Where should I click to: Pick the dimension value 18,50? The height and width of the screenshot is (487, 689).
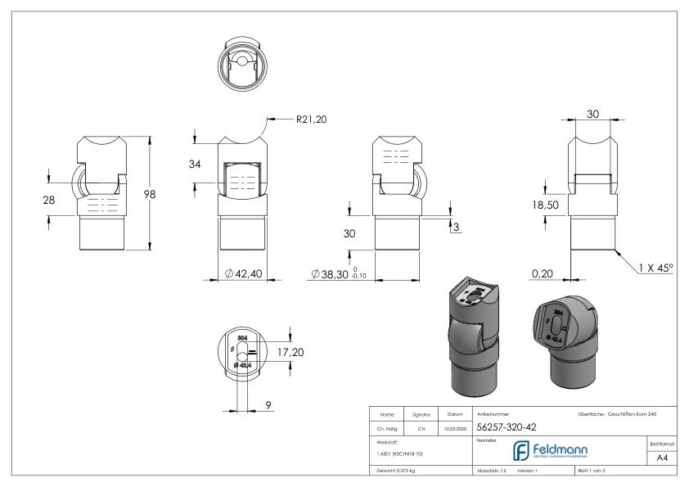(544, 205)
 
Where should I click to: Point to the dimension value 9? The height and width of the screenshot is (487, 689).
(268, 404)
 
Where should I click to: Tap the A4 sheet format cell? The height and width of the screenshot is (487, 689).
(660, 458)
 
